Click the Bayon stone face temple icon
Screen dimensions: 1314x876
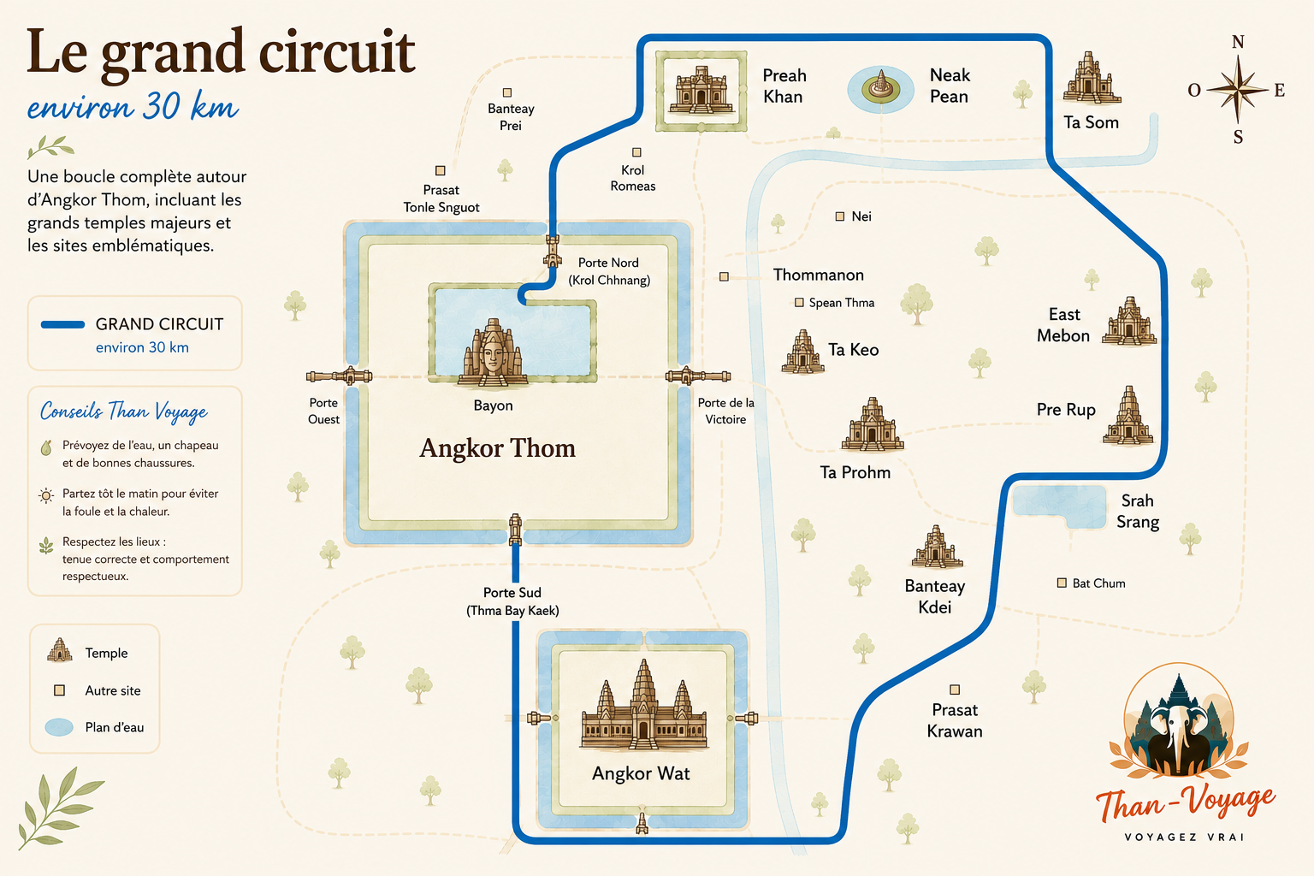pyautogui.click(x=493, y=353)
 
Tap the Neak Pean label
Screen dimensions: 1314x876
pyautogui.click(x=950, y=86)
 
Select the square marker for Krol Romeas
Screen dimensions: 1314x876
pyautogui.click(x=636, y=152)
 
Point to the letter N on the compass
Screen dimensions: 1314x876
pyautogui.click(x=1238, y=42)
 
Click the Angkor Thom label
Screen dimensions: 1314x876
pyautogui.click(x=497, y=448)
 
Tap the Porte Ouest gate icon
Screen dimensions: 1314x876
pyautogui.click(x=339, y=376)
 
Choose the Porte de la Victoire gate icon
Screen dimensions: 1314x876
pyautogui.click(x=698, y=376)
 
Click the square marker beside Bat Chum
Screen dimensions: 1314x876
pyautogui.click(x=1062, y=583)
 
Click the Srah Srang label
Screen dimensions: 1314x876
pyautogui.click(x=1138, y=511)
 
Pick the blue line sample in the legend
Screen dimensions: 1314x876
pyautogui.click(x=62, y=324)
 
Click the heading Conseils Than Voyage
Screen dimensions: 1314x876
pyautogui.click(x=124, y=411)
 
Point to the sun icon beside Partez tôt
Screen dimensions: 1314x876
pyautogui.click(x=46, y=496)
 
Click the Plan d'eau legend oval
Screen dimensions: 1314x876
pyautogui.click(x=59, y=727)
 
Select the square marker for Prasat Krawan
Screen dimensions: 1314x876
pyautogui.click(x=955, y=690)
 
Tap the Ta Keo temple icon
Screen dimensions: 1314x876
pyautogui.click(x=802, y=352)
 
